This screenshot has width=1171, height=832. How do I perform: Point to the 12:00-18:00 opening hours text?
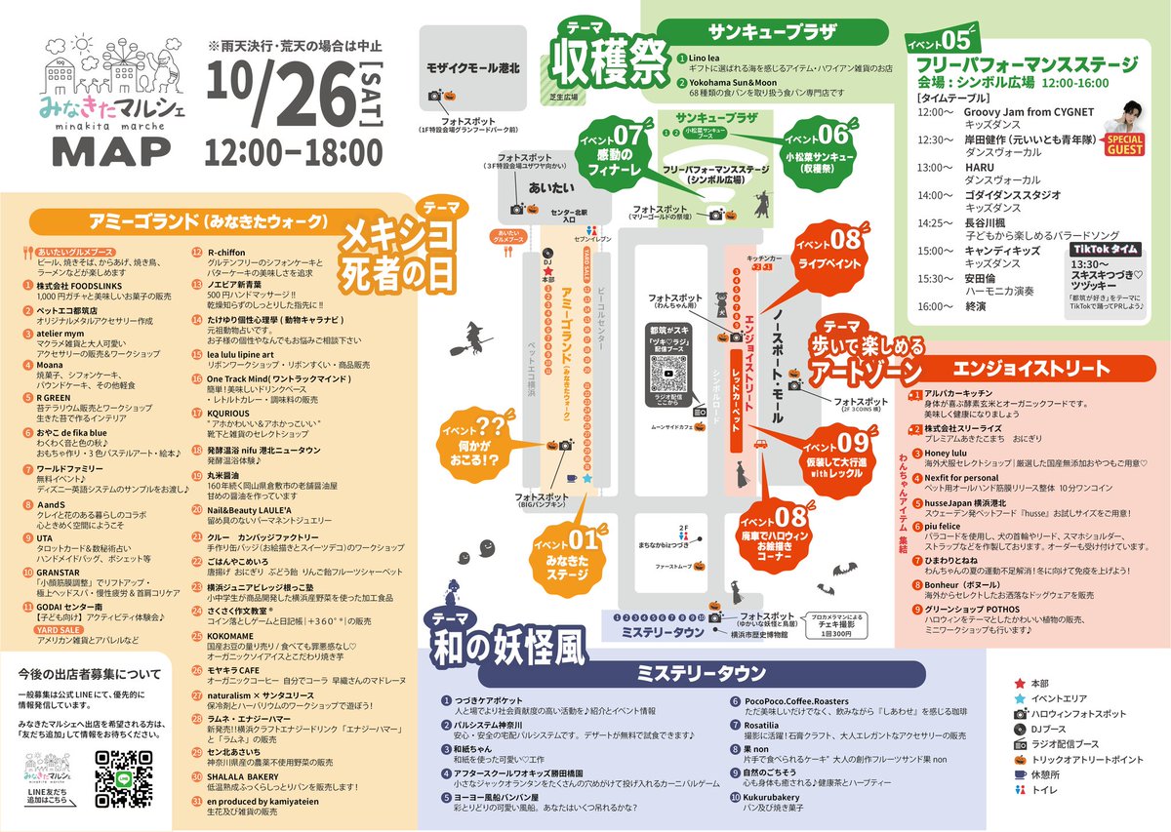[x=295, y=152]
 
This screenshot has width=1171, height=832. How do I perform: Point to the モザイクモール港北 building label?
[x=474, y=69]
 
